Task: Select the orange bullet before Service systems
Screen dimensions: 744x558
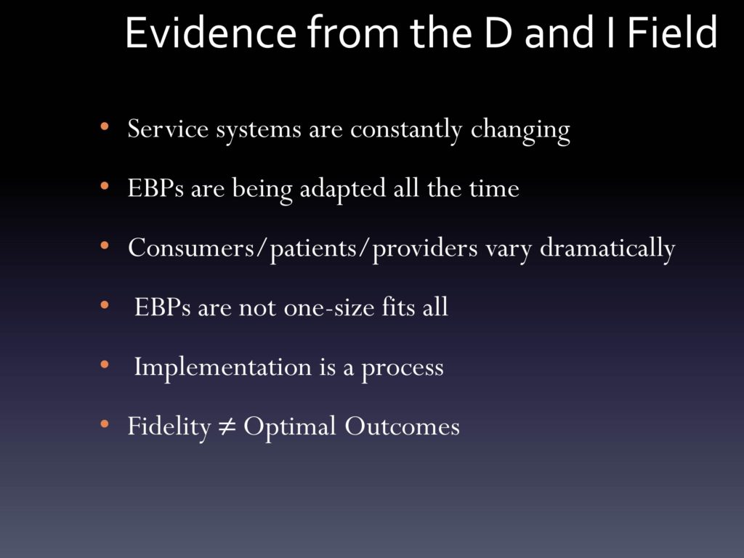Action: coord(105,126)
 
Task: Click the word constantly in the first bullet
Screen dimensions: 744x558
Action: coord(406,129)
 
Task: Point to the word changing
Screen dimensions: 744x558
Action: coord(520,130)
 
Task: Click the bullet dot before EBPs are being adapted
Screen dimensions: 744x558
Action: coord(105,186)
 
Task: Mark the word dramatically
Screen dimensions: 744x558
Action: coord(607,248)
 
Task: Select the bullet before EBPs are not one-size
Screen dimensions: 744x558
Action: coord(105,305)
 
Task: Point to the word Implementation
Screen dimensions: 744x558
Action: coord(222,368)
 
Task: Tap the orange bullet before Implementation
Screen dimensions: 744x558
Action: coord(105,365)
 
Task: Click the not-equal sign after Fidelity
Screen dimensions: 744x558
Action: coord(227,426)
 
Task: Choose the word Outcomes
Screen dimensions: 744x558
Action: coord(402,426)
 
